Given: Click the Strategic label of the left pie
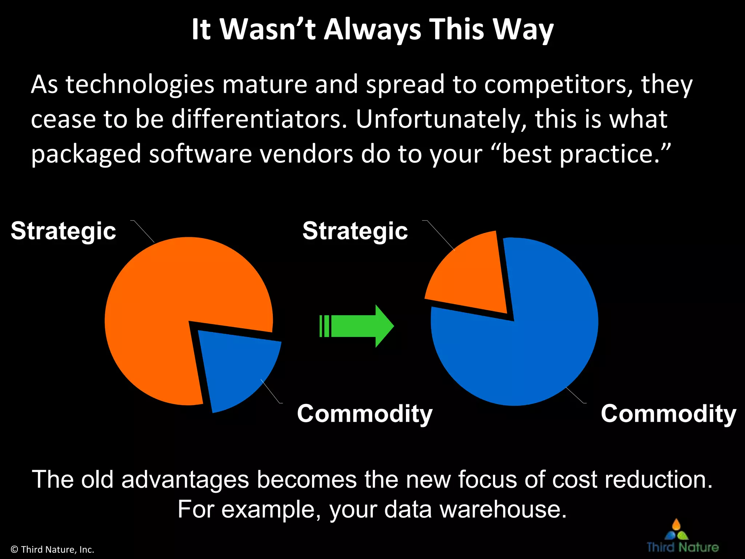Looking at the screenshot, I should coord(63,231).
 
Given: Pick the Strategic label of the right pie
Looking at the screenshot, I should coord(355,231).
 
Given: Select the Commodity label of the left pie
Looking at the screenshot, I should coord(364,414).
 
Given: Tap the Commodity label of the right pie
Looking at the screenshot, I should coord(668,414).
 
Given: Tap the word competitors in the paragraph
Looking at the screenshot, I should coord(558,84).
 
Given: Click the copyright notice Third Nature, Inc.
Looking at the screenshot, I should coord(52,550).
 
